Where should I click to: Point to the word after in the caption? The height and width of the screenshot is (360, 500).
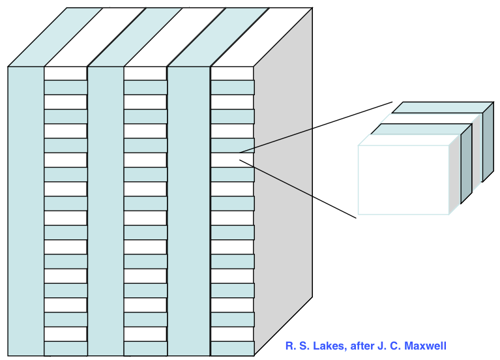[x=358, y=346]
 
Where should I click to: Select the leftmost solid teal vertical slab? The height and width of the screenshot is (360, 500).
[x=25, y=209]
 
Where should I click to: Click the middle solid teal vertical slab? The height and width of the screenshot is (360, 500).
[x=105, y=209]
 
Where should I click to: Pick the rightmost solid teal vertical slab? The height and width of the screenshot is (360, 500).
[x=188, y=209]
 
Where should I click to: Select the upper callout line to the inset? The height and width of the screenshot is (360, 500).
[x=313, y=127]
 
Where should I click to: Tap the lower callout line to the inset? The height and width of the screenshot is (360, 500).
[x=300, y=188]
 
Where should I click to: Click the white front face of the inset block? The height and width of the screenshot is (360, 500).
[x=403, y=180]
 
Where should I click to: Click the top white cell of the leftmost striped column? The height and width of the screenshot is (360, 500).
[x=65, y=73]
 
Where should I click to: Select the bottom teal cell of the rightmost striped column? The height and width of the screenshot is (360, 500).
[x=232, y=348]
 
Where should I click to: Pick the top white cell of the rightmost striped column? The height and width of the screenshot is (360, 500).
[x=232, y=73]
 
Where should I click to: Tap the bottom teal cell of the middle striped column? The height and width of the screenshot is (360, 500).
[x=145, y=348]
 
